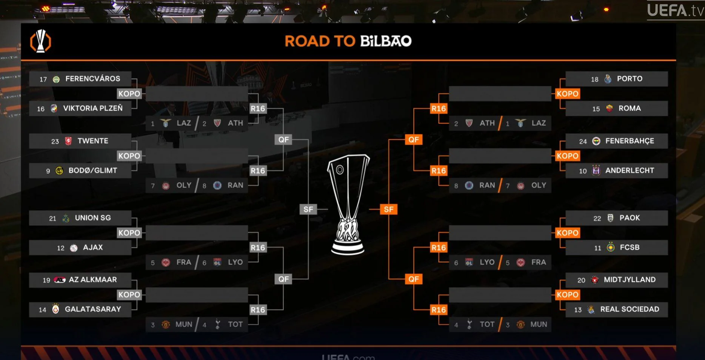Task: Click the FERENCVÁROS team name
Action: pyautogui.click(x=92, y=78)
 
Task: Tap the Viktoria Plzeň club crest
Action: pyautogui.click(x=54, y=108)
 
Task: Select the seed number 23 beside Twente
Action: pyautogui.click(x=55, y=141)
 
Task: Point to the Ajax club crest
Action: pyautogui.click(x=74, y=248)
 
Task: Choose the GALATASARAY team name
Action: pyautogui.click(x=93, y=309)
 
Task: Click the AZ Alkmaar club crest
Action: pyautogui.click(x=60, y=280)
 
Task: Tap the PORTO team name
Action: pyautogui.click(x=630, y=78)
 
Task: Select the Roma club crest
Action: pyautogui.click(x=609, y=108)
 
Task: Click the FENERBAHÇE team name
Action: pyautogui.click(x=630, y=141)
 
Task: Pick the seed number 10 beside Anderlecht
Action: pyautogui.click(x=583, y=171)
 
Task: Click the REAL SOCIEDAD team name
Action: pyautogui.click(x=630, y=309)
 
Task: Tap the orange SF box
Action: pyautogui.click(x=388, y=209)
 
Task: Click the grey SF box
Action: pyautogui.click(x=308, y=209)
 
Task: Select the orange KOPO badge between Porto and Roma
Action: pyautogui.click(x=567, y=94)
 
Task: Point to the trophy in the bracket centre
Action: pyautogui.click(x=348, y=204)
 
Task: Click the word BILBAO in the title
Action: pyautogui.click(x=386, y=41)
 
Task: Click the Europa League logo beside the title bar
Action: pyautogui.click(x=40, y=41)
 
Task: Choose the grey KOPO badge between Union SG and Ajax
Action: pyautogui.click(x=129, y=233)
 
